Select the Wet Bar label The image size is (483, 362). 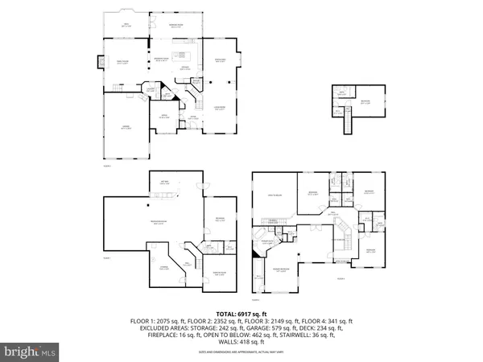coord(164,182)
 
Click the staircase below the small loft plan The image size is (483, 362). coord(349,121)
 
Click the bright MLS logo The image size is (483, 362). coord(31,351)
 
